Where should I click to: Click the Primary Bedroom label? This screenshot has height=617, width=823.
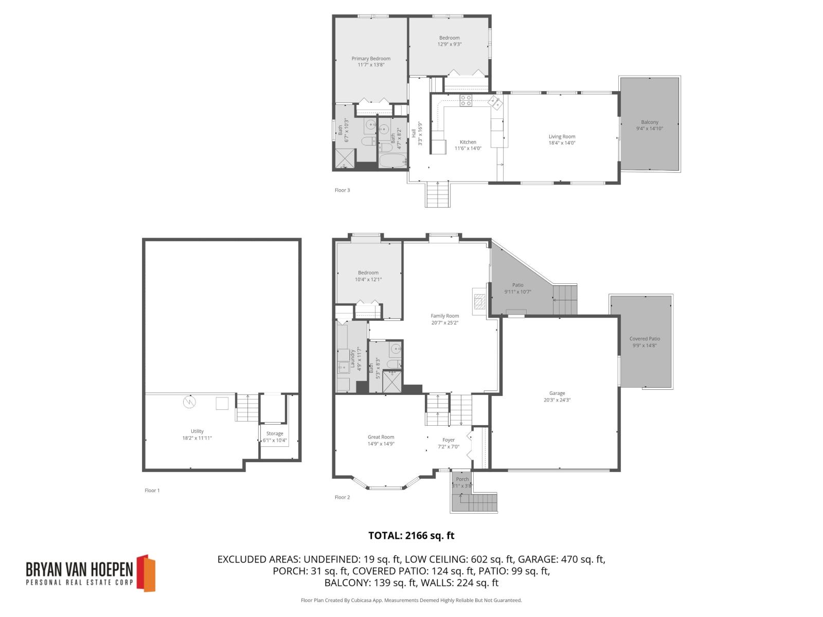pyautogui.click(x=371, y=59)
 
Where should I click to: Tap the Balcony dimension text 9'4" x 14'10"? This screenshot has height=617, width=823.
pyautogui.click(x=650, y=129)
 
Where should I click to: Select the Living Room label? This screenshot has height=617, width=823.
pyautogui.click(x=562, y=137)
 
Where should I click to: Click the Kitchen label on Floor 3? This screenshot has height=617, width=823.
pyautogui.click(x=468, y=142)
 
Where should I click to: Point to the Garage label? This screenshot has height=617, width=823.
pyautogui.click(x=557, y=393)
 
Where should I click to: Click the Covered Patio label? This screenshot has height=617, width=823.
pyautogui.click(x=645, y=339)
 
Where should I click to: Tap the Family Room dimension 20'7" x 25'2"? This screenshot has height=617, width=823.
pyautogui.click(x=445, y=323)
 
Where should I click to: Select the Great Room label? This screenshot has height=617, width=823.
pyautogui.click(x=381, y=437)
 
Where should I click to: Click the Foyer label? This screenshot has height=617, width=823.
pyautogui.click(x=449, y=440)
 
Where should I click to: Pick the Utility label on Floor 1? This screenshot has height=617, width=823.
pyautogui.click(x=197, y=431)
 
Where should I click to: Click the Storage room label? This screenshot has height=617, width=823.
pyautogui.click(x=275, y=433)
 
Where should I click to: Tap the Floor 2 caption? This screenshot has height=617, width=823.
pyautogui.click(x=342, y=497)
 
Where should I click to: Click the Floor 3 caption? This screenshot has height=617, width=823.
pyautogui.click(x=342, y=190)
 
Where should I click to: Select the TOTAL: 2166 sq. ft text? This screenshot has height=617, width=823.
pyautogui.click(x=411, y=535)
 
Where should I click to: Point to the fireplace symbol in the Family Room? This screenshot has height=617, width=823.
pyautogui.click(x=479, y=299)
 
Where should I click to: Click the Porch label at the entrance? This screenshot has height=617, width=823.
pyautogui.click(x=462, y=479)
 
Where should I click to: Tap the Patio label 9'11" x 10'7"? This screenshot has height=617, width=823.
pyautogui.click(x=517, y=285)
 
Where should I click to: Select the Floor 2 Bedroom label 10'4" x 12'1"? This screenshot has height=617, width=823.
pyautogui.click(x=368, y=273)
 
